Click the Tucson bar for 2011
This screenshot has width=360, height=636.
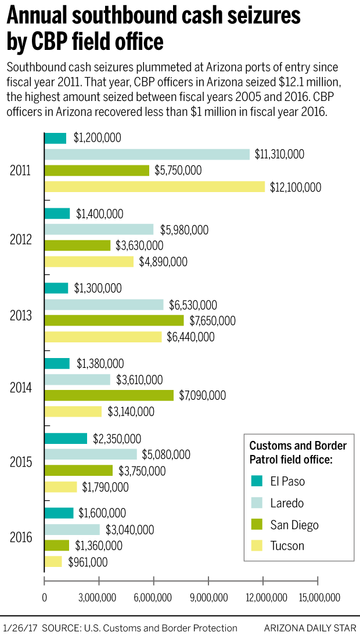[x=154, y=187]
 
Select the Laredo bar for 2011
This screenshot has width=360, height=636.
[x=147, y=154]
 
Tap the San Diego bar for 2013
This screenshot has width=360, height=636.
[x=114, y=320]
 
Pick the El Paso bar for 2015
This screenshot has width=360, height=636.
[x=66, y=439]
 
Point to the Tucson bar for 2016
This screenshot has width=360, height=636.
[x=53, y=562]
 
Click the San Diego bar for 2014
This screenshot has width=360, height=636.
[x=109, y=395]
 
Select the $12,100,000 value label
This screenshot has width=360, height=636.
[x=295, y=187]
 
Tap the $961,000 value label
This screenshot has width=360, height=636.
[x=88, y=562]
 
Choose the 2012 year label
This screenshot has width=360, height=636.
[x=21, y=241]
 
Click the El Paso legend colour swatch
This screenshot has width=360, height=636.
[x=256, y=481]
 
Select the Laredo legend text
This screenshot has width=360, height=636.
[x=287, y=503]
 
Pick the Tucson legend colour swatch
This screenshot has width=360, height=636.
[x=256, y=546]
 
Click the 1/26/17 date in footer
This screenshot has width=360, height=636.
[x=19, y=628]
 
